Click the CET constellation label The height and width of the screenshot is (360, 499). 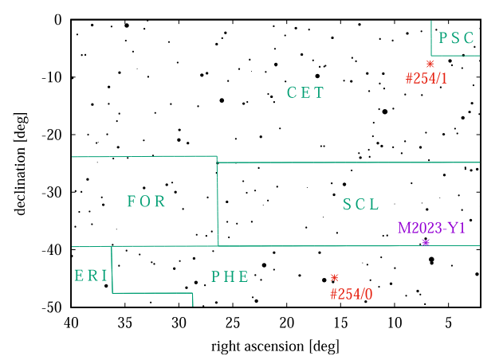pos(305,92)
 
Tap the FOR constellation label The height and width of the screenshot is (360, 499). pos(146,202)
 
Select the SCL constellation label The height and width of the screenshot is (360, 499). pos(361,204)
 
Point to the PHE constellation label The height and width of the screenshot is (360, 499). pos(230,276)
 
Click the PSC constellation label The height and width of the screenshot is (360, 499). pos(457,37)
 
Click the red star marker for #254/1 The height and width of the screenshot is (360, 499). pos(430,64)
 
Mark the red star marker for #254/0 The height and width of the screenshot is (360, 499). pos(335,278)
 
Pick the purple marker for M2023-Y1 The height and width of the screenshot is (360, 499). pos(426,242)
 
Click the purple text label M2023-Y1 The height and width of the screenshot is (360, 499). pos(431,229)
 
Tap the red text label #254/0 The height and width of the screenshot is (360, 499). pos(351,293)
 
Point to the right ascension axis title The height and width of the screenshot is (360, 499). pos(275,347)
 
